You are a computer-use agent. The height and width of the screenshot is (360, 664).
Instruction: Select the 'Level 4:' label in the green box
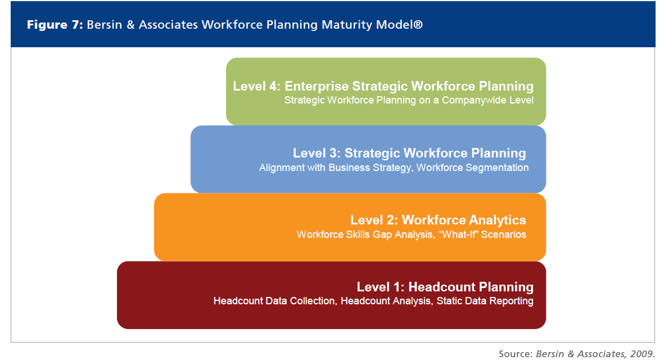256,86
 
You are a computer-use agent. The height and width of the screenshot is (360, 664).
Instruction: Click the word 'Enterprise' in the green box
317,86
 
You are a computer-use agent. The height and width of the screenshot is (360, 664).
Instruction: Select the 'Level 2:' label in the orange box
373,219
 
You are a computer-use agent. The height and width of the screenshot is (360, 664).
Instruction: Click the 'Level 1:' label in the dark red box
380,286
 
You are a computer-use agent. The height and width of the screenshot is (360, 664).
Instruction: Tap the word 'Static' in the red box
450,301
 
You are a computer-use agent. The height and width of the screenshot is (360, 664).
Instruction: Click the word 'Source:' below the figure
514,353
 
